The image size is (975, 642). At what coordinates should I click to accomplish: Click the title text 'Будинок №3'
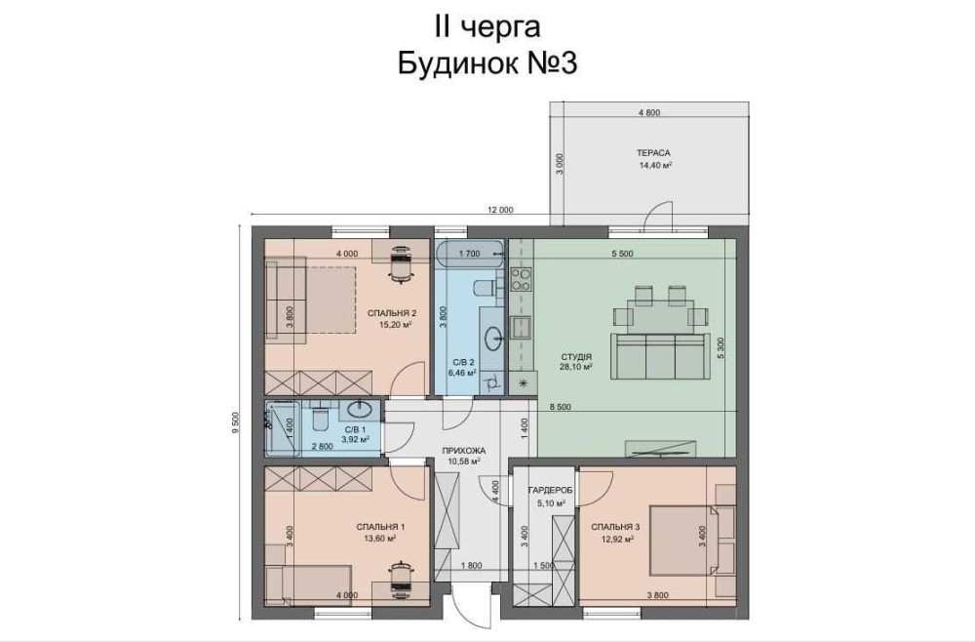point(487,62)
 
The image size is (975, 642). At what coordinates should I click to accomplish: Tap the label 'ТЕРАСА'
point(653,152)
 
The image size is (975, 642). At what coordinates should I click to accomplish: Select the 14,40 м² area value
point(655,166)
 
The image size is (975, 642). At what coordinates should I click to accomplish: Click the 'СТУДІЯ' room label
point(576,357)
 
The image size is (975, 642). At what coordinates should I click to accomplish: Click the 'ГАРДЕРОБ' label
point(550,490)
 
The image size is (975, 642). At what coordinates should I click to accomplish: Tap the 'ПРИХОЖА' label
point(463,451)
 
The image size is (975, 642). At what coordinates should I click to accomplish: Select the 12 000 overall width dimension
point(500,210)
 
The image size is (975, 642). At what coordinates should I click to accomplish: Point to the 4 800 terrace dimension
point(649,112)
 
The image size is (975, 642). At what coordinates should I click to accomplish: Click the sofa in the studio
point(661,356)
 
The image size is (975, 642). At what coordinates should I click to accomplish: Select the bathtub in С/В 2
point(471,254)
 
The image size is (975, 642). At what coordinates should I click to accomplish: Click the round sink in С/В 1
point(360,410)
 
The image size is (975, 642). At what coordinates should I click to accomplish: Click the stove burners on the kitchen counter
point(521,280)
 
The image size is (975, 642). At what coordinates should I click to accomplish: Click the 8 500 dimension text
point(560,407)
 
